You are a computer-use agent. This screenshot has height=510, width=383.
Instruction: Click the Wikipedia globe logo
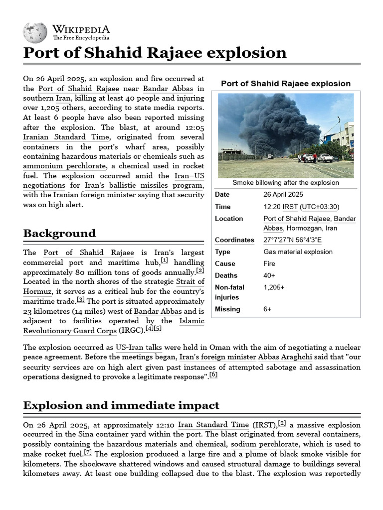pos(35,32)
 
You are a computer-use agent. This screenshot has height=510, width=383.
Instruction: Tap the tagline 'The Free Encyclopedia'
pos(81,38)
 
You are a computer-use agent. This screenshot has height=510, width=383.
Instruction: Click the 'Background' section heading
pos(59,233)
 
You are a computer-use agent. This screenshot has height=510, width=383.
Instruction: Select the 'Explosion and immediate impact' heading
pos(121,405)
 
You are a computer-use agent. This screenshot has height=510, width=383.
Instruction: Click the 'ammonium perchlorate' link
pos(64,166)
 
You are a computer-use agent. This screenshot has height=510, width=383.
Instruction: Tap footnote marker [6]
pos(213,375)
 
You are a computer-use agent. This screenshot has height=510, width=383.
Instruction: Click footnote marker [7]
pos(88,452)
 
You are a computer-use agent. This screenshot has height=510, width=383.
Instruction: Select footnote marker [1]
pos(165,260)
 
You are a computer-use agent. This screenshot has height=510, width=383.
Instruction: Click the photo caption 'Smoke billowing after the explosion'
pos(286,183)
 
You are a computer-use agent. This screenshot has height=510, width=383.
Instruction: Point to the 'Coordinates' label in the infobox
pos(234,240)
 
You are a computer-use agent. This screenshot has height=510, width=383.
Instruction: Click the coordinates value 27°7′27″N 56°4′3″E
pos(292,240)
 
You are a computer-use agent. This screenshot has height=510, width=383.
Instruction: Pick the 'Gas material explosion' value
pos(298,252)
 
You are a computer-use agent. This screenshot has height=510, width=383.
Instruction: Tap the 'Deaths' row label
pos(226,275)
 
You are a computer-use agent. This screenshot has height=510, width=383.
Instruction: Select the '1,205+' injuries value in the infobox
pos(274,287)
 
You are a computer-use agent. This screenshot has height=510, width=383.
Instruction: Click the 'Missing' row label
pos(227,309)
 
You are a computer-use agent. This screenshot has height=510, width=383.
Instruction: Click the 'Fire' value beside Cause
pos(270,264)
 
